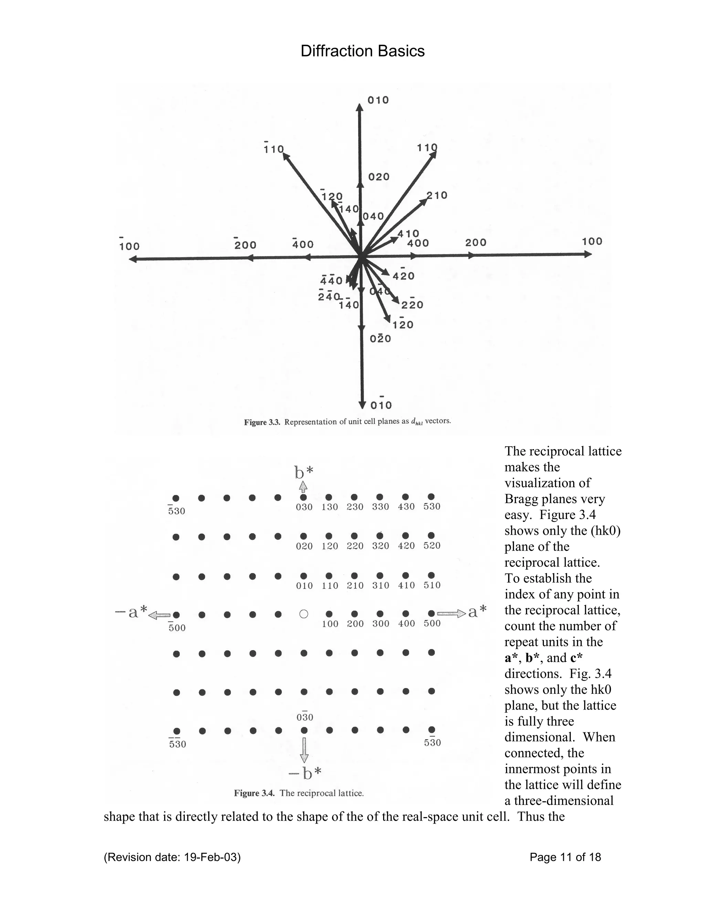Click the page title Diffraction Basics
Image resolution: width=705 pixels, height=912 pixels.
362,51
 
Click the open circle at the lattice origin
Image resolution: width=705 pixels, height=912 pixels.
304,614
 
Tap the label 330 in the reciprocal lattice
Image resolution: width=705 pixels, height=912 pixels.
380,507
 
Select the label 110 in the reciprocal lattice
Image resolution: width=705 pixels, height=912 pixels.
330,585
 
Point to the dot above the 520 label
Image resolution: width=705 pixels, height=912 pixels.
431,535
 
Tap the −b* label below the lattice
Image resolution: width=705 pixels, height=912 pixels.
305,774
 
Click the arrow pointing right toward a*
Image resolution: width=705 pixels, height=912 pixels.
451,613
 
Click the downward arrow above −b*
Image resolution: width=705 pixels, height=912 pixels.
304,750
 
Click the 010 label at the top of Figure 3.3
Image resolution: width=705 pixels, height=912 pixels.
378,100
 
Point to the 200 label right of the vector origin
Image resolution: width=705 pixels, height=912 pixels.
476,243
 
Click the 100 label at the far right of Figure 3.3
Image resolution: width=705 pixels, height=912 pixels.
592,241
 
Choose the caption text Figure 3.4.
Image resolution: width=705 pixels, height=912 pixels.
254,793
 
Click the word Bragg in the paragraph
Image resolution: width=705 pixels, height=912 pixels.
519,499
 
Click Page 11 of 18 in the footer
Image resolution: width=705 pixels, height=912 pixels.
565,857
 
